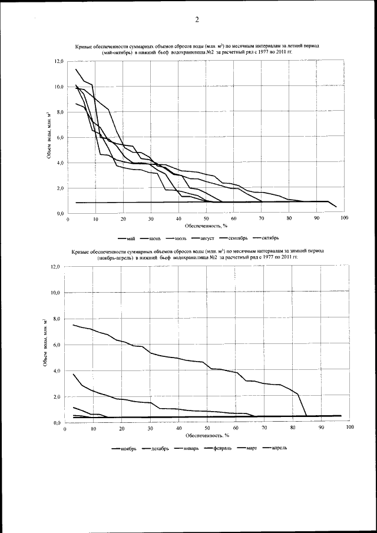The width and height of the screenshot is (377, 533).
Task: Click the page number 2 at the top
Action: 196,20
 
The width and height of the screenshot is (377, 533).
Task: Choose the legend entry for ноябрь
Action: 128,448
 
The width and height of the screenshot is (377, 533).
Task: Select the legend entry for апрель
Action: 279,448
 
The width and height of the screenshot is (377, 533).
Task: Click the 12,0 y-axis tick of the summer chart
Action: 59,61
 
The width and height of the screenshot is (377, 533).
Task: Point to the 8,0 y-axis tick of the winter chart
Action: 56,319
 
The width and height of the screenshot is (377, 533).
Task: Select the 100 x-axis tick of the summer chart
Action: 344,219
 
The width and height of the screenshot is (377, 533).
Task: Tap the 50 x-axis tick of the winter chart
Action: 207,428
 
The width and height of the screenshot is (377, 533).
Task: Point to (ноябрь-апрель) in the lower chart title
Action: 115,257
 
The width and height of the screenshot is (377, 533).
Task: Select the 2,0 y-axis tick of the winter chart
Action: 56,397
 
